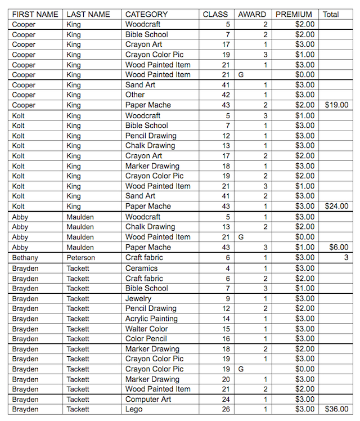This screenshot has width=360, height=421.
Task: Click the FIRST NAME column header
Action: pyautogui.click(x=35, y=14)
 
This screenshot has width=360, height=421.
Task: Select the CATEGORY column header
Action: pyautogui.click(x=146, y=14)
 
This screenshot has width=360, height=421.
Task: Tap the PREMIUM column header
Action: pyautogui.click(x=294, y=14)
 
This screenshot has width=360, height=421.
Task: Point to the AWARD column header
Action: pyautogui.click(x=251, y=14)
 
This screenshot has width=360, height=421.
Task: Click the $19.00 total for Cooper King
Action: pyautogui.click(x=336, y=105)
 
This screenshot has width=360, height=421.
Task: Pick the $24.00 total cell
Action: pyautogui.click(x=336, y=206)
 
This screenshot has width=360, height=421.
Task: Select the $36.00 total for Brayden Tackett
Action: pyautogui.click(x=336, y=409)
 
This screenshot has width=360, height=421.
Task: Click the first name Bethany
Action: pyautogui.click(x=25, y=257)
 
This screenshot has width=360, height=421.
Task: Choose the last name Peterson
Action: pyautogui.click(x=80, y=257)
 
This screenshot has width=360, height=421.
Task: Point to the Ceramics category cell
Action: pyautogui.click(x=141, y=268)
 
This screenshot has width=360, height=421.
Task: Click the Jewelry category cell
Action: pyautogui.click(x=138, y=298)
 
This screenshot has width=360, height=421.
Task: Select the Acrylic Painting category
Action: pyautogui.click(x=151, y=319)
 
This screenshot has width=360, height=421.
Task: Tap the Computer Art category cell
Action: pyautogui.click(x=148, y=399)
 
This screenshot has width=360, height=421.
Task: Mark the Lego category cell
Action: pyautogui.click(x=134, y=409)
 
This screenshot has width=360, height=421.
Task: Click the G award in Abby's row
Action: pyautogui.click(x=241, y=237)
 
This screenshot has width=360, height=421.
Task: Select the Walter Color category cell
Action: pyautogui.click(x=146, y=329)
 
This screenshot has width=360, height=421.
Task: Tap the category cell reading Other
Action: pyautogui.click(x=135, y=95)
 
